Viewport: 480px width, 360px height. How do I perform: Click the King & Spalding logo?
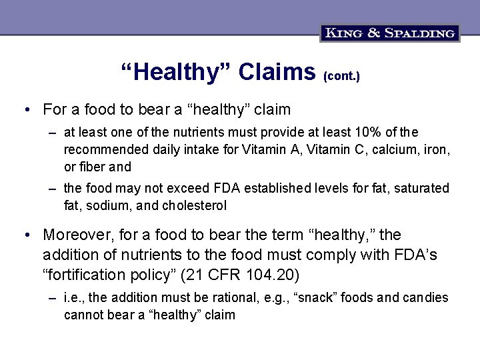pos(390,33)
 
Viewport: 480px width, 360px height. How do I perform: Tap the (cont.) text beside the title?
pos(341,77)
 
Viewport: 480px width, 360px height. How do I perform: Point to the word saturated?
pos(421,189)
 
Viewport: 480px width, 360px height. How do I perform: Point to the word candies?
pos(425,297)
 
